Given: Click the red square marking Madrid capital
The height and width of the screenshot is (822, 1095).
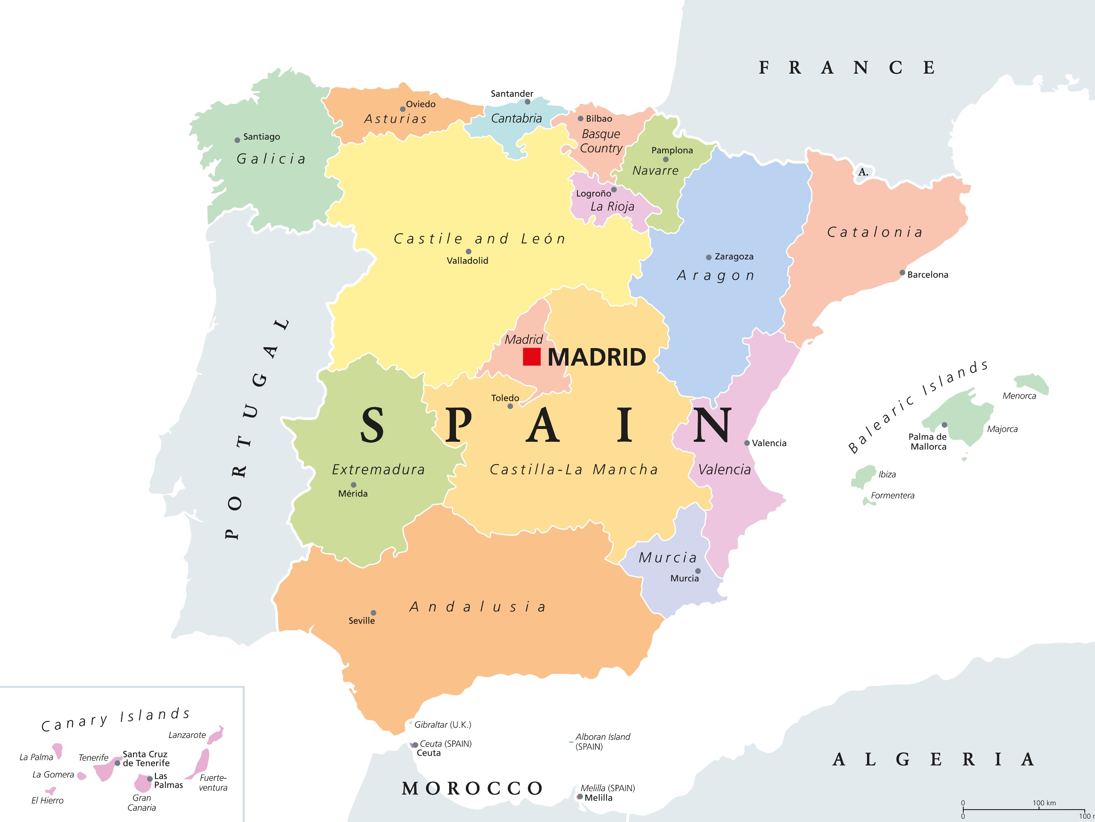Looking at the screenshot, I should (x=532, y=357).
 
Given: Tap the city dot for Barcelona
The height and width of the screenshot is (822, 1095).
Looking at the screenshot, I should (x=903, y=273).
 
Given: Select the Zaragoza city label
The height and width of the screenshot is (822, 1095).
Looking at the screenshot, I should (x=734, y=256).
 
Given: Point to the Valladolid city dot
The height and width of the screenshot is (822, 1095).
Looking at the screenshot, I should (x=468, y=252).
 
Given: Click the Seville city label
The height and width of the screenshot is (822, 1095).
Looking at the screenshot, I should (x=361, y=620).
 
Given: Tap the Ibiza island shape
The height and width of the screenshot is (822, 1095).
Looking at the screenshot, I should (x=864, y=476).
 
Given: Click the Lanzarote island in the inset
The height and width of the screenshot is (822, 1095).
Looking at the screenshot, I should (x=216, y=735).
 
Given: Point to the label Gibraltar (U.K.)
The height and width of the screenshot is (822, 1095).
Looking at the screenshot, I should (x=443, y=724).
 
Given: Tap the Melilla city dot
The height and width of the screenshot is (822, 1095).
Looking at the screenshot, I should (x=580, y=797).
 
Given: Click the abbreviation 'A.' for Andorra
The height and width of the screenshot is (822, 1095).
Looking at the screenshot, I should (x=863, y=172).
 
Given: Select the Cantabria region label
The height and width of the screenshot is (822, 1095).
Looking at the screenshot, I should (x=516, y=119).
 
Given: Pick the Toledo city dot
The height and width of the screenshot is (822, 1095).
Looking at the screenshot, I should (x=510, y=406).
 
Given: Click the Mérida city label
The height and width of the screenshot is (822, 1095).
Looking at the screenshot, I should (x=352, y=494).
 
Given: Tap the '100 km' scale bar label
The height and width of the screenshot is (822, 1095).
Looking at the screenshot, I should (x=1044, y=803).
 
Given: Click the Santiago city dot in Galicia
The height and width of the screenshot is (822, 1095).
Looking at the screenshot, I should (x=237, y=140).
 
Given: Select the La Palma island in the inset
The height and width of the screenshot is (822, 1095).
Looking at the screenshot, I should (x=58, y=750).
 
